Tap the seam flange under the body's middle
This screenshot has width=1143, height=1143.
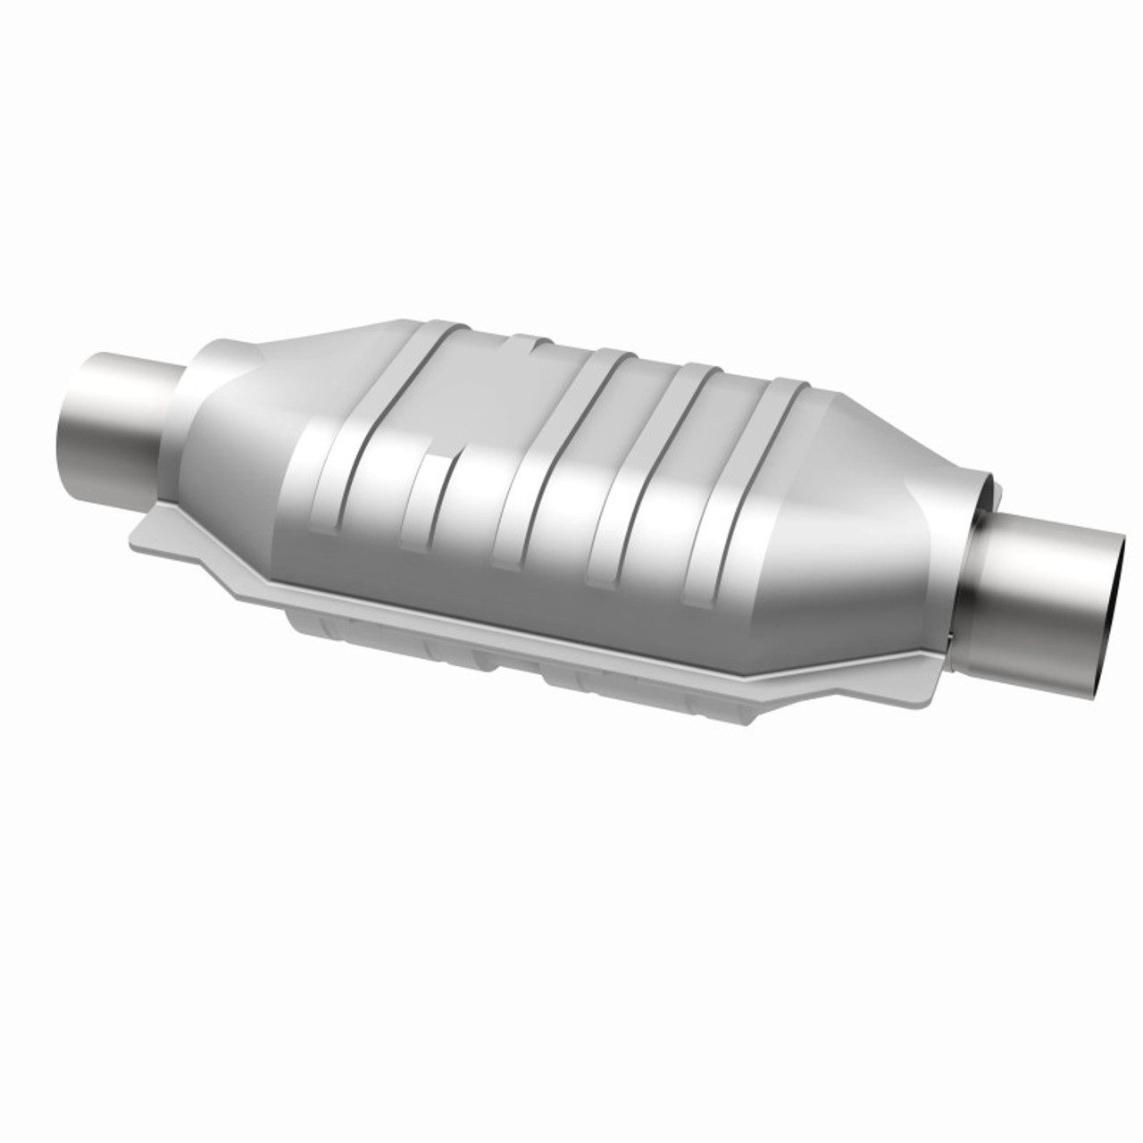coord(536,621)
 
